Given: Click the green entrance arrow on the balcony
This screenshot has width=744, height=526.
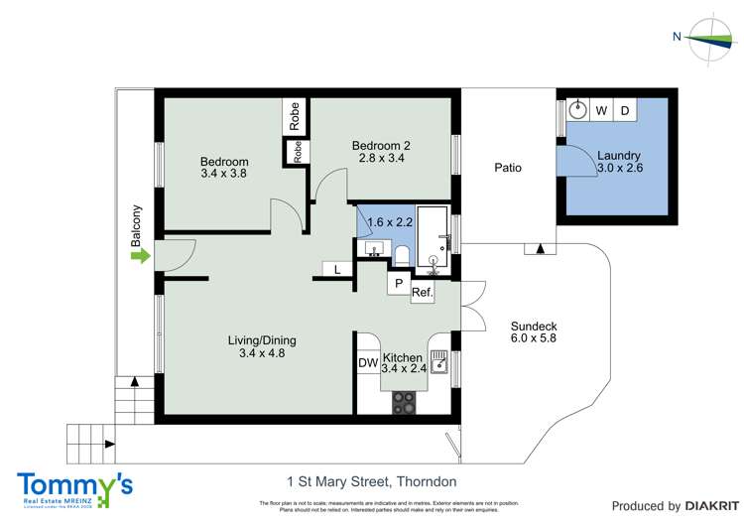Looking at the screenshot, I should (140, 257).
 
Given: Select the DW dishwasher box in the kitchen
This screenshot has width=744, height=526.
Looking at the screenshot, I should (368, 364).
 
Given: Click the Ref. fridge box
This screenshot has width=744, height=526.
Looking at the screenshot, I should (422, 293).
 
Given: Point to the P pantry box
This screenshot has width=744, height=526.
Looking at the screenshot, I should (398, 283).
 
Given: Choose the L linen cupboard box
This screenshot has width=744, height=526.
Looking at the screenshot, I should (337, 269).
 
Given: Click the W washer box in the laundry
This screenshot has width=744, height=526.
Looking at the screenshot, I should (601, 110).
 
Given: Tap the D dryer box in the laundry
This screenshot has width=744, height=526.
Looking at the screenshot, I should (626, 110).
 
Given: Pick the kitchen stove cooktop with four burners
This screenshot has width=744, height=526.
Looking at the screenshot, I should (405, 401).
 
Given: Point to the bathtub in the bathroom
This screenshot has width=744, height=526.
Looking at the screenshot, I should (433, 238).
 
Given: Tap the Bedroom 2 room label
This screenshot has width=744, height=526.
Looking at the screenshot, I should (381, 152).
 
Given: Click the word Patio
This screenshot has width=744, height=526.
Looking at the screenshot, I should (508, 168).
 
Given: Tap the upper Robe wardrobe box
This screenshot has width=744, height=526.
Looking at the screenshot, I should (295, 117).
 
